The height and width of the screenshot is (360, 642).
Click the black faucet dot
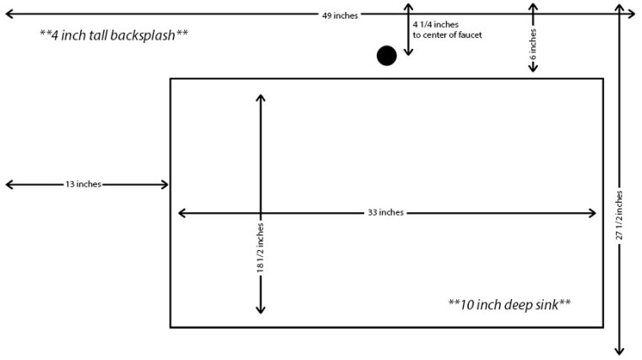[x=386, y=56]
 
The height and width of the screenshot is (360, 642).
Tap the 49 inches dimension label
[x=340, y=15]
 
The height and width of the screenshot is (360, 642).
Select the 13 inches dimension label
[x=83, y=184]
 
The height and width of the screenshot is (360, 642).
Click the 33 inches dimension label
[x=385, y=212]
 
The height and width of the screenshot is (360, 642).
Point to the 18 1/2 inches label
[x=260, y=248]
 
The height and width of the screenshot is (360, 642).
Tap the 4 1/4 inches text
[x=436, y=25]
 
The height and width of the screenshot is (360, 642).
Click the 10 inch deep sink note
[x=509, y=303]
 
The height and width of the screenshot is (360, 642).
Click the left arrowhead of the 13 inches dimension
[x=8, y=184]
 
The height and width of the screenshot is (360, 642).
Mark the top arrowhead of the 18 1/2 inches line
[x=260, y=97]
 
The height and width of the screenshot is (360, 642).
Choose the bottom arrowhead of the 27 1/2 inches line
[x=619, y=348]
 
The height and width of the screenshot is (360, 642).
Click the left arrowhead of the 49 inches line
[x=8, y=15]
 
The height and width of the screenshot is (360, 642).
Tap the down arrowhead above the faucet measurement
[x=408, y=52]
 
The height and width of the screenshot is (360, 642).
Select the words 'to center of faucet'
[x=447, y=35]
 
